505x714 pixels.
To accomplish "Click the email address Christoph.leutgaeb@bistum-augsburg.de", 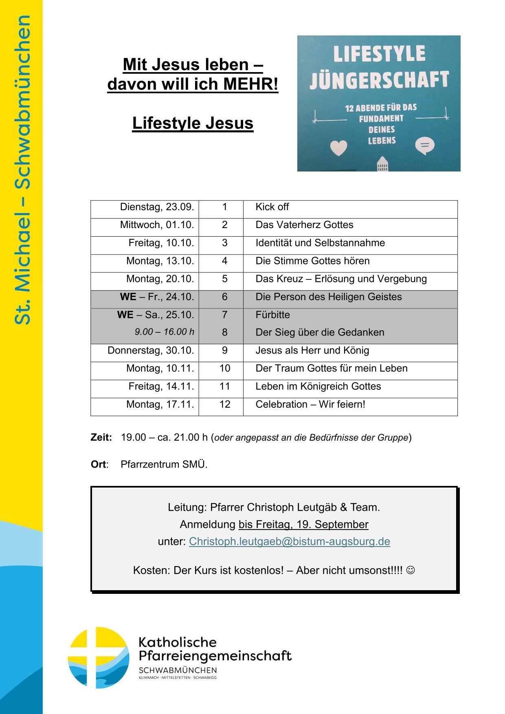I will (289, 541).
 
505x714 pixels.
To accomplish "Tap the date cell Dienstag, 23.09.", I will (157, 207).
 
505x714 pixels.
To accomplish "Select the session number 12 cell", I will (225, 404).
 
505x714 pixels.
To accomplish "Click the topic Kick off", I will (272, 207).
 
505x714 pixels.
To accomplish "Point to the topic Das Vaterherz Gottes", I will (304, 225).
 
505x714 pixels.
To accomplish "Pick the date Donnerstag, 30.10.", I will (151, 350).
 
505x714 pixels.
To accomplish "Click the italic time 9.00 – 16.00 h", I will (165, 332).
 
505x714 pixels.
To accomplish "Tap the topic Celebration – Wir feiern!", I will (310, 404).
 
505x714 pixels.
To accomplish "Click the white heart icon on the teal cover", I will (338, 147).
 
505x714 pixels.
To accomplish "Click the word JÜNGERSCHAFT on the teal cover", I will (379, 79).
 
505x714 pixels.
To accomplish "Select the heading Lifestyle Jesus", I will (193, 123).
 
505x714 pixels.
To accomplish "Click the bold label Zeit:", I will (101, 437).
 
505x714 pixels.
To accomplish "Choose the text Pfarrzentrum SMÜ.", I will (164, 464).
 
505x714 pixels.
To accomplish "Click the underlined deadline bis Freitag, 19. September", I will (303, 524).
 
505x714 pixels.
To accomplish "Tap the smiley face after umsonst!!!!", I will (411, 570).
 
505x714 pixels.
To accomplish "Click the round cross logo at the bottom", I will (98, 657).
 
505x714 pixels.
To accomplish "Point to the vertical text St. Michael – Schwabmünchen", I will (22, 169).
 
